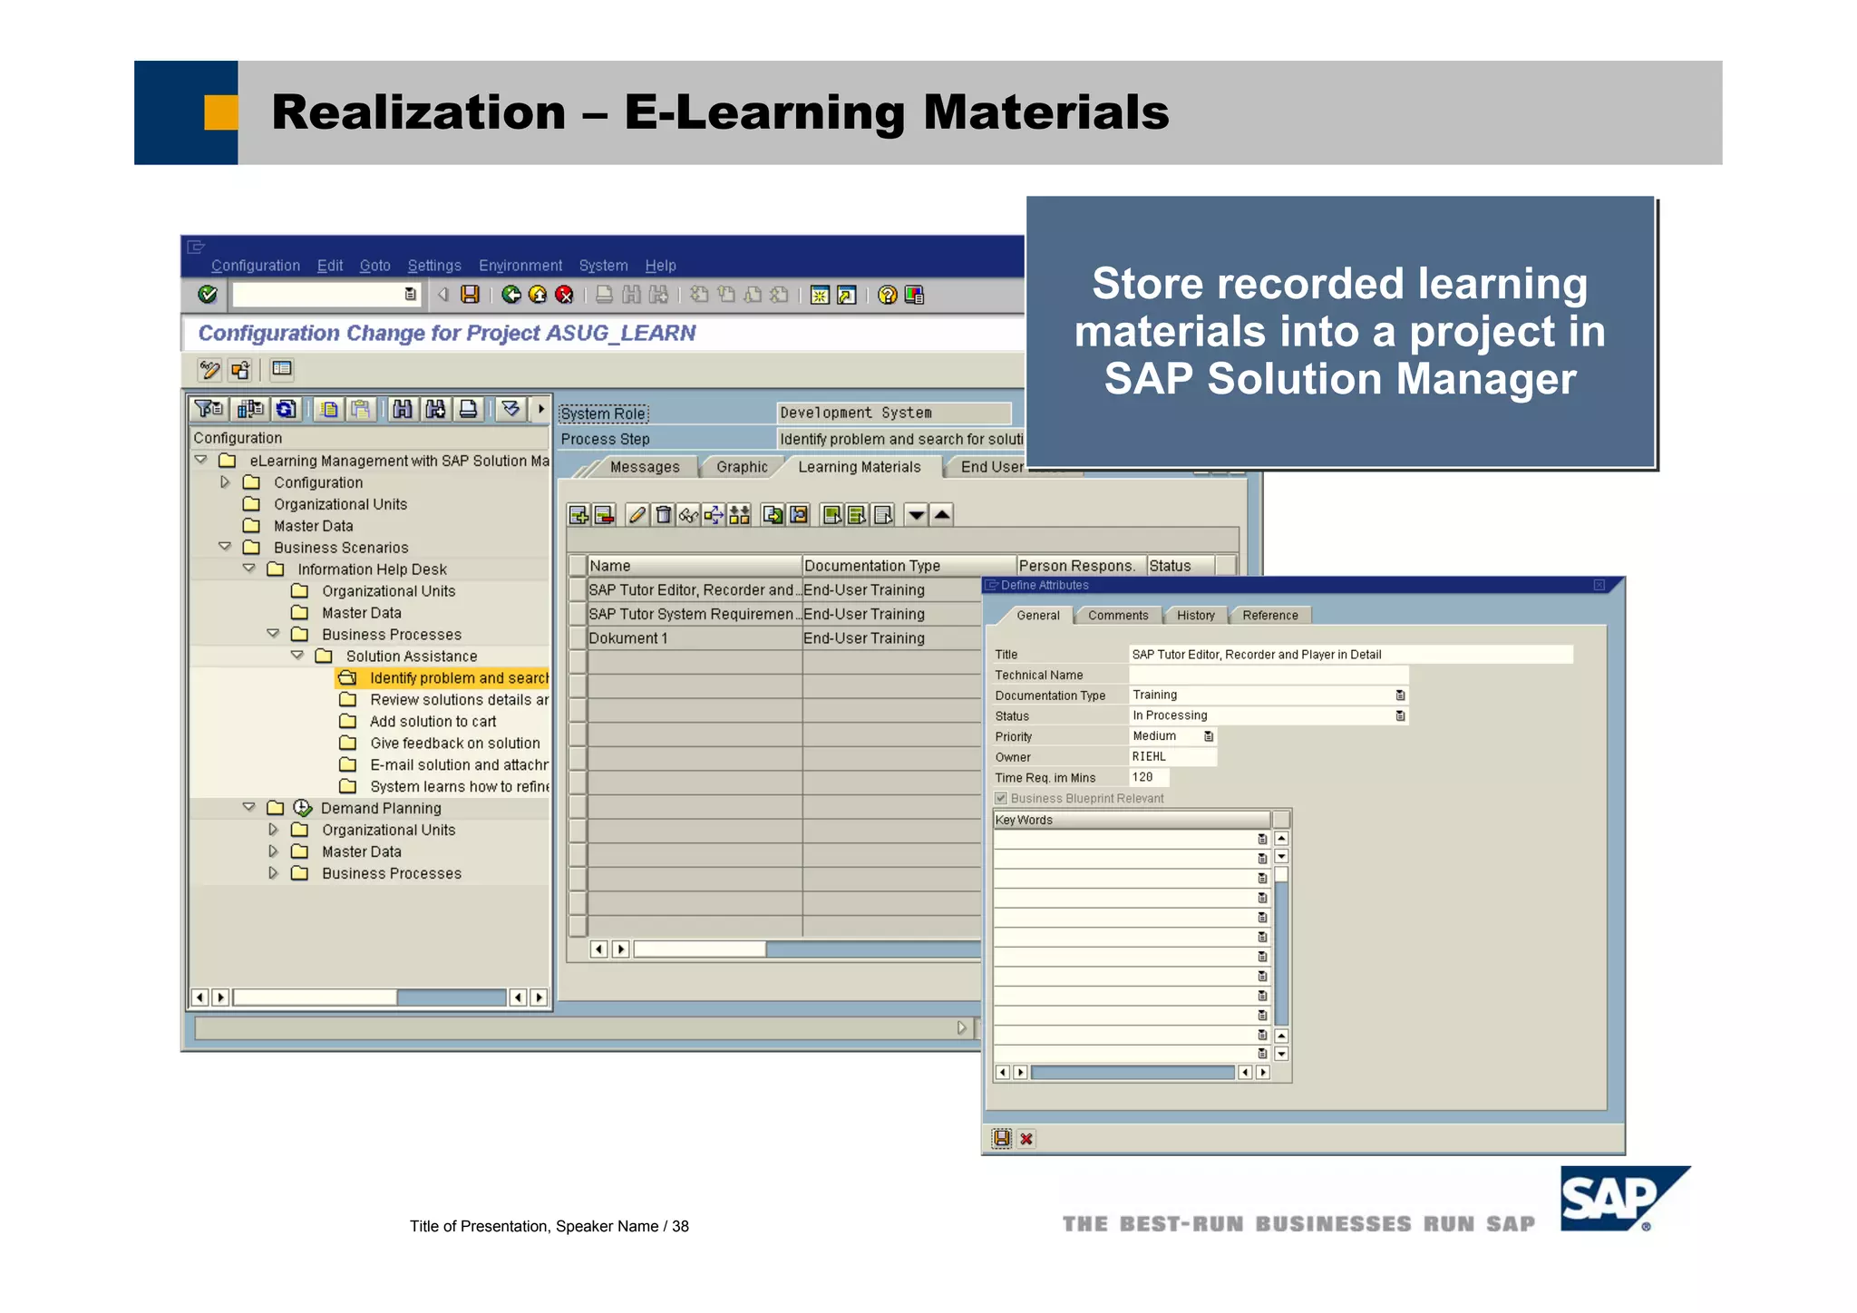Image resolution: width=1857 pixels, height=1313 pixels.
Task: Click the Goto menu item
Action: pyautogui.click(x=374, y=266)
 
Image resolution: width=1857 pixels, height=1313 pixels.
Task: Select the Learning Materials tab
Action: pyautogui.click(x=859, y=467)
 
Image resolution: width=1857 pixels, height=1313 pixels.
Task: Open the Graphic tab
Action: pyautogui.click(x=742, y=467)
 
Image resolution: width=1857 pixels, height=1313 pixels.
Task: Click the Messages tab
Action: pyautogui.click(x=644, y=467)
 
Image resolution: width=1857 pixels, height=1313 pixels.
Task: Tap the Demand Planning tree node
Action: pyautogui.click(x=381, y=808)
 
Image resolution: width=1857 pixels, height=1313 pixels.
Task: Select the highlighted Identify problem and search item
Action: pyautogui.click(x=458, y=678)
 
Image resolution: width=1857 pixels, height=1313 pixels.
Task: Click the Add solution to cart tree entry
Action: pyautogui.click(x=433, y=722)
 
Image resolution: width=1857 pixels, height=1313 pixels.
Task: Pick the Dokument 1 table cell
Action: pyautogui.click(x=628, y=638)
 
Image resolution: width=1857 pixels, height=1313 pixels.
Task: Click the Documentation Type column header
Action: pyautogui.click(x=871, y=566)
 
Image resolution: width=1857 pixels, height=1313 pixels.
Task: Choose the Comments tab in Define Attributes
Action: pyautogui.click(x=1118, y=616)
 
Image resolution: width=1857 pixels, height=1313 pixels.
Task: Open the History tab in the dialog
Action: pyautogui.click(x=1195, y=616)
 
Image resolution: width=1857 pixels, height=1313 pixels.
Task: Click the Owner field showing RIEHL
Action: pyautogui.click(x=1172, y=757)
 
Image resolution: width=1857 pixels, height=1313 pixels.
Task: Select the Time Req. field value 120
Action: pyautogui.click(x=1147, y=777)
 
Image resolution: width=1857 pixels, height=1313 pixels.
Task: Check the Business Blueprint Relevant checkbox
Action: pyautogui.click(x=1001, y=798)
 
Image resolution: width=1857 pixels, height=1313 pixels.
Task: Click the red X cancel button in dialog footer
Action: pyautogui.click(x=1026, y=1139)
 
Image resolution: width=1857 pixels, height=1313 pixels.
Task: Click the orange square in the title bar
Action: pyautogui.click(x=220, y=112)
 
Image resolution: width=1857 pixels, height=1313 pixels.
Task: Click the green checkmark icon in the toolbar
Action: pyautogui.click(x=208, y=295)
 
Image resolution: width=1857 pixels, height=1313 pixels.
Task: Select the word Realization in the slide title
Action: pyautogui.click(x=418, y=112)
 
